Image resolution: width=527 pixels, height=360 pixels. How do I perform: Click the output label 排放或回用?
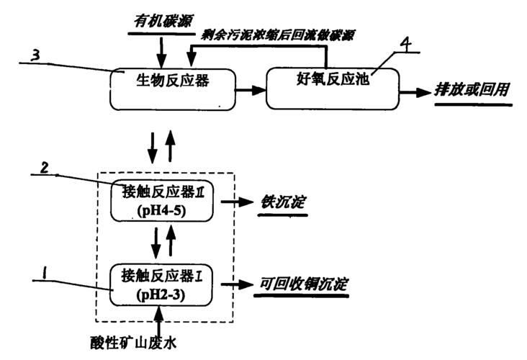[x=472, y=91]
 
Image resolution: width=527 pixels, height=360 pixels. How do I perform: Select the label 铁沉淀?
[x=283, y=202]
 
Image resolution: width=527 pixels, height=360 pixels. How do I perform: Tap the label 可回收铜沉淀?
[x=304, y=284]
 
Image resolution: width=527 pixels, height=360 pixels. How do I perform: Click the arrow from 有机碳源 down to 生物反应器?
[x=161, y=50]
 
